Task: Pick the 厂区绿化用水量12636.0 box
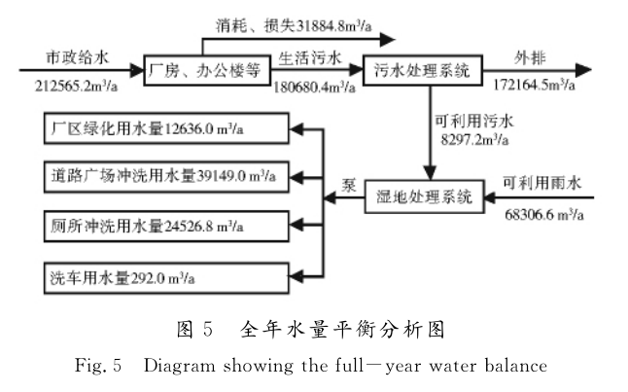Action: [165, 127]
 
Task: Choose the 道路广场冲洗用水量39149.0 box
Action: [165, 176]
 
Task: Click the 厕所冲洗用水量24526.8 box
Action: [165, 225]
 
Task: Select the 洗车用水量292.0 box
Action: [165, 273]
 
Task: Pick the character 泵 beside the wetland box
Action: [345, 186]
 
